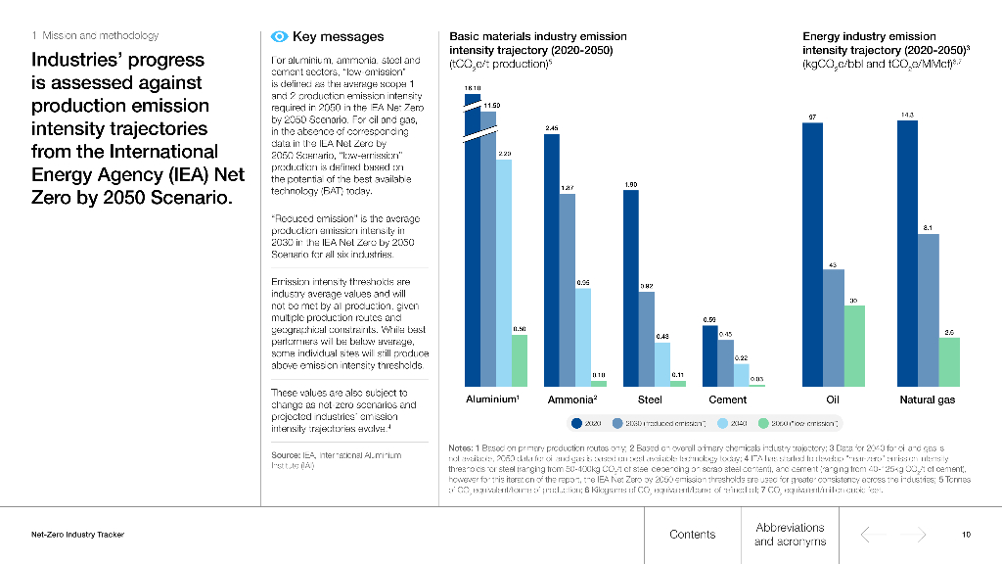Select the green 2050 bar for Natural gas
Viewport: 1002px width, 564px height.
949,361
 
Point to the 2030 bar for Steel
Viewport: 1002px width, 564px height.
647,339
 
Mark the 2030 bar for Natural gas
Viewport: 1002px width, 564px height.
928,309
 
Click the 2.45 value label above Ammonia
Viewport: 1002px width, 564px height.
552,128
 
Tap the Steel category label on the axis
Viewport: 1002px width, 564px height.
650,399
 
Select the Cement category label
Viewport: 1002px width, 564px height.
727,399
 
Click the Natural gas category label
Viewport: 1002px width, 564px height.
928,399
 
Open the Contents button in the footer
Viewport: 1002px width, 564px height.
692,535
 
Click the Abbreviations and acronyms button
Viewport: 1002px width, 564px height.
790,535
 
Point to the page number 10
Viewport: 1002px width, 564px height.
966,535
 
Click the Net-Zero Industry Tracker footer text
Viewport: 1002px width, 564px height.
77,535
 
